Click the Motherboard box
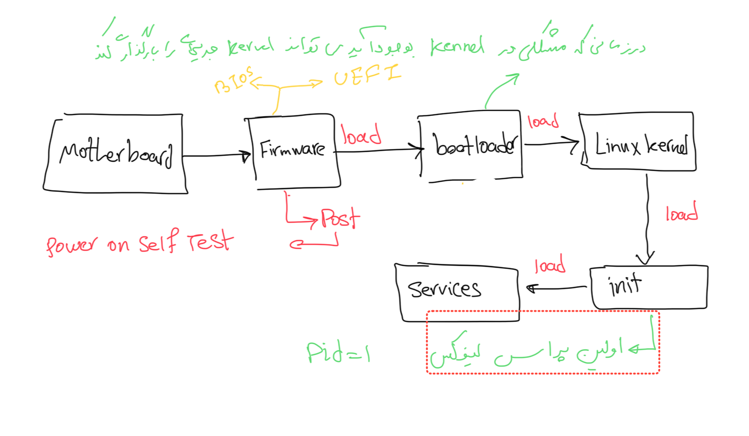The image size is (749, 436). pos(115,154)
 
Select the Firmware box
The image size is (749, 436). pos(293,150)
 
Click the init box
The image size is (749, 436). pos(648,287)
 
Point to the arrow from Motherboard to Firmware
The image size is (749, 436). pos(216,155)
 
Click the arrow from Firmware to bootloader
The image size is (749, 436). pos(378,151)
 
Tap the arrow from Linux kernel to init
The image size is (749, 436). pos(647,218)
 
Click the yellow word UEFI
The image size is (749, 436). pos(367,75)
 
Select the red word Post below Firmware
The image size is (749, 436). pos(340,218)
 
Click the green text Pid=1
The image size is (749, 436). pos(338,352)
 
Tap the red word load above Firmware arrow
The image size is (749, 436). pos(362,135)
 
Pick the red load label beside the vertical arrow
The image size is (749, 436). pos(681,213)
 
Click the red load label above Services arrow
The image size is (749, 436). pos(550,265)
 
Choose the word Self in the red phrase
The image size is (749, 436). pos(159,242)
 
